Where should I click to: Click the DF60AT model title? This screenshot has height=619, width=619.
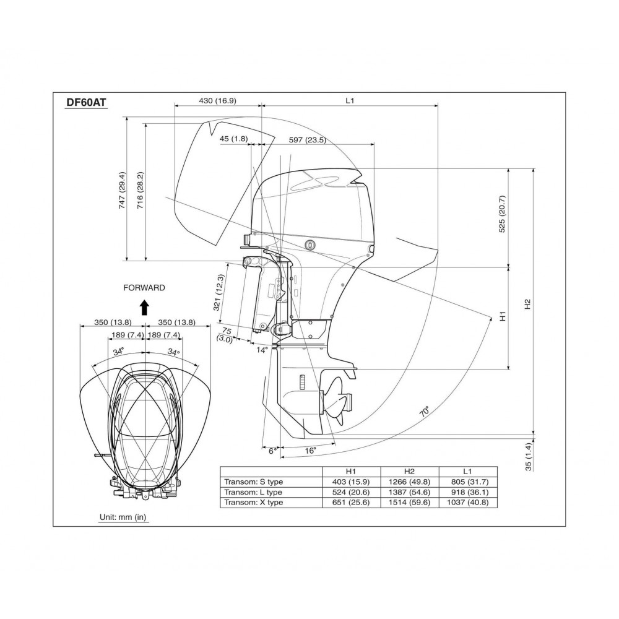[86, 102]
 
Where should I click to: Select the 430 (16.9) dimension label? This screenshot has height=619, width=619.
[217, 101]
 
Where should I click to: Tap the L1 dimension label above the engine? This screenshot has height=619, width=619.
[350, 101]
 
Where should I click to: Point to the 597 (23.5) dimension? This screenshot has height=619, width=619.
[307, 140]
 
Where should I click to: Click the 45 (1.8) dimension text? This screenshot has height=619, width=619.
[234, 139]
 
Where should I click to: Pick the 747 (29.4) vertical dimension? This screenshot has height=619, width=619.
[122, 191]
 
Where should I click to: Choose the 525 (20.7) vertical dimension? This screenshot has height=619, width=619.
[502, 214]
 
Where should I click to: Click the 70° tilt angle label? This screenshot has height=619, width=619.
[425, 412]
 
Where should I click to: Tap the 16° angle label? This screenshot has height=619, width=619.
[311, 451]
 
